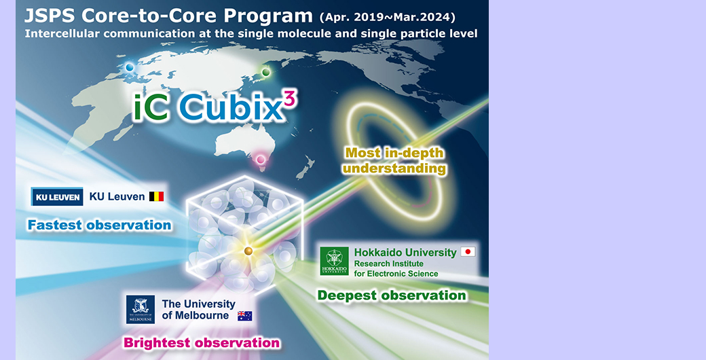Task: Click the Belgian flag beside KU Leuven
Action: (157, 196)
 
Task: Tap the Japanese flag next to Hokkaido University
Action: (468, 252)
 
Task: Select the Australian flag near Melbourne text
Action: (245, 316)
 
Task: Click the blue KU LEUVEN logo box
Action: (57, 197)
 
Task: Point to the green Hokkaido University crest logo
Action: (334, 261)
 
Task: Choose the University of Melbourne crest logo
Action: (141, 309)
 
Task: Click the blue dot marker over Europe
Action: (130, 67)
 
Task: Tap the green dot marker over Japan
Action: (265, 72)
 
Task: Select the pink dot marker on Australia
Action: (260, 159)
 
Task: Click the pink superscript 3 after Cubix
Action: (291, 97)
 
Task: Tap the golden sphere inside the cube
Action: (248, 251)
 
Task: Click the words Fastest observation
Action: (100, 225)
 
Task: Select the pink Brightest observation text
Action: (202, 342)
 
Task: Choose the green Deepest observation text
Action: (392, 295)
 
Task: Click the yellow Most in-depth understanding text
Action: (394, 160)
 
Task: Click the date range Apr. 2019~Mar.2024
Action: (387, 18)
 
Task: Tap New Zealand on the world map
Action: (304, 167)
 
